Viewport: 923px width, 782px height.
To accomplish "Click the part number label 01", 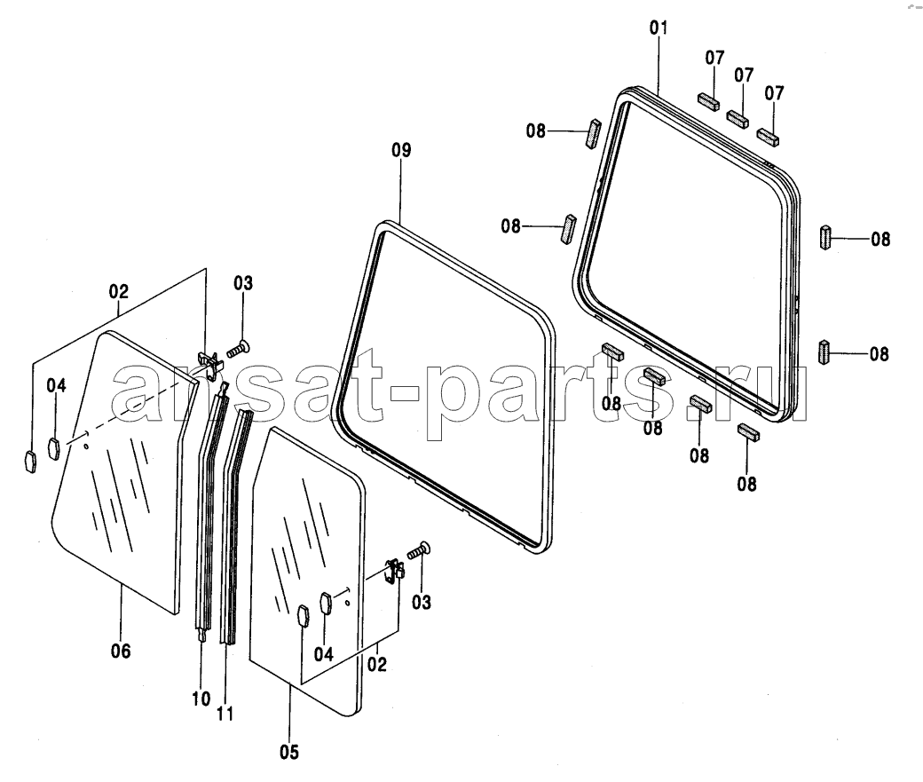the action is coord(659,28).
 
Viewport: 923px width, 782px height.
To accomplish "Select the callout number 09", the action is coord(401,150).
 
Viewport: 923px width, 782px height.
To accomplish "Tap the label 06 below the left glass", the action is coord(121,651).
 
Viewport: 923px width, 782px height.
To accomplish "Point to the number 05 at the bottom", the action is coord(289,752).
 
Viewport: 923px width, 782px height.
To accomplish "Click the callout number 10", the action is coord(201,699).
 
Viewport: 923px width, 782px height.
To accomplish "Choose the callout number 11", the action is coord(225,714).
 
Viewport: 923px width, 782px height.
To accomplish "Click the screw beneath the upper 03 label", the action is coord(238,350).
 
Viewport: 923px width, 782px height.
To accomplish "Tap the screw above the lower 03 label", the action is coord(419,550).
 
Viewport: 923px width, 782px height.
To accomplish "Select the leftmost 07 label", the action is coord(714,58).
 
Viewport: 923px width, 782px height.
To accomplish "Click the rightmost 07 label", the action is coord(774,93).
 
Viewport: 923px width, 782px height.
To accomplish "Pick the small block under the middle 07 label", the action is coord(738,119).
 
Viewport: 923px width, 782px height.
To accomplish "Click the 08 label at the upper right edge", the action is coord(880,239).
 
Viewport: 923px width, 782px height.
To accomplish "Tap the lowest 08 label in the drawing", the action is coord(746,484).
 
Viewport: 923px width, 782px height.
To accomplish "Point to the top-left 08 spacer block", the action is coord(593,134).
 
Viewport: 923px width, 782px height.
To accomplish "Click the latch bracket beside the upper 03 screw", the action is coord(210,361).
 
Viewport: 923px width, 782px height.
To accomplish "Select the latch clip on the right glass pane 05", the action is coord(395,572).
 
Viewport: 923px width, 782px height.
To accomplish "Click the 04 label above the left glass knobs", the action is coord(57,386).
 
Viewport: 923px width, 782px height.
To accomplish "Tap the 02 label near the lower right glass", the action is coord(376,664).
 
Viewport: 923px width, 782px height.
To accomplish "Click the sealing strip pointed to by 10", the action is coord(210,512).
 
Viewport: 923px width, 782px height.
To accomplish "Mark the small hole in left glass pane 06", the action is coord(87,446).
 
